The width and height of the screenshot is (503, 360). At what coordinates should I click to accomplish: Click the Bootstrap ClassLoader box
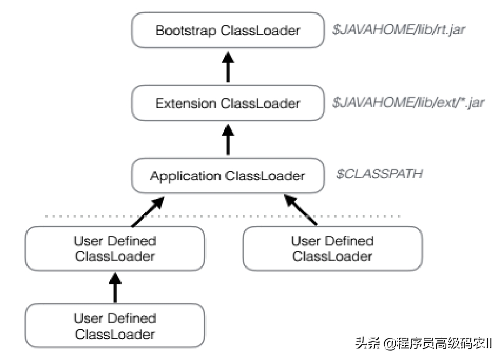point(228,30)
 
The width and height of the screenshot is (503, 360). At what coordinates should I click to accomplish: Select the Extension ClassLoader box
point(228,103)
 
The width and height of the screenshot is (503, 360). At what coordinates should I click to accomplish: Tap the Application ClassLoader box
point(228,176)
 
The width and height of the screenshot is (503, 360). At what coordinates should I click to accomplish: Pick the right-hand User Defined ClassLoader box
point(332,249)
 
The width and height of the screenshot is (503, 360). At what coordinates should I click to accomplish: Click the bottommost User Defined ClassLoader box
point(115,326)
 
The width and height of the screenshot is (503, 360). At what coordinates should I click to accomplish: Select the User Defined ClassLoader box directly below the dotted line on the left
point(115,249)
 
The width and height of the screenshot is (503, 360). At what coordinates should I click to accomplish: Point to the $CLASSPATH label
point(379,174)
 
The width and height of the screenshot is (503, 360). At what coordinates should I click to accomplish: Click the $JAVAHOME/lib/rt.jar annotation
point(399,30)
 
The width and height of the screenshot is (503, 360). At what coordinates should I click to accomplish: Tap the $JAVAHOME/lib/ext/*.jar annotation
point(408,102)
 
